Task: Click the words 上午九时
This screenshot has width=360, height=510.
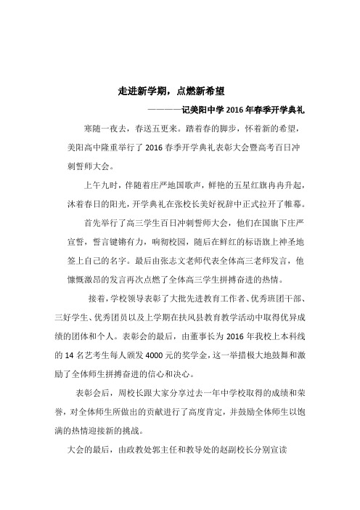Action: (x=101, y=182)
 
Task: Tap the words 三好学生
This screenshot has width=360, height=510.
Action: (x=70, y=316)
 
